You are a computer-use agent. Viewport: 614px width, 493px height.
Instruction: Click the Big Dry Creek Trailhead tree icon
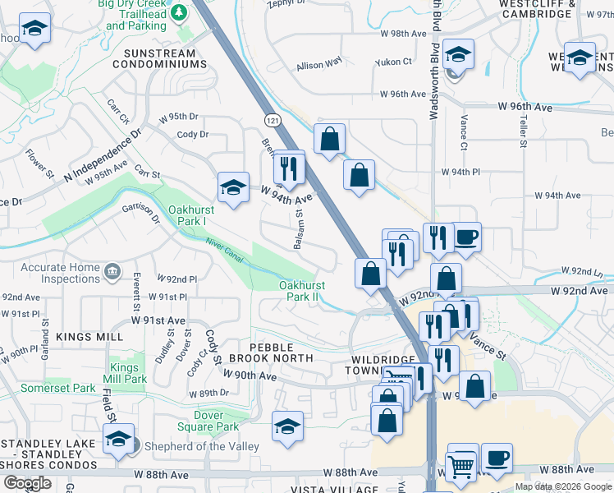pyautogui.click(x=176, y=11)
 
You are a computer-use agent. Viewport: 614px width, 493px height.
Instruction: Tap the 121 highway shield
pyautogui.click(x=273, y=121)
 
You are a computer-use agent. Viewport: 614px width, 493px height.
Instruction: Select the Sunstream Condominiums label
pyautogui.click(x=164, y=58)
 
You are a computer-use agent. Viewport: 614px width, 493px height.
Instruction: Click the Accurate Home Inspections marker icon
pyautogui.click(x=112, y=270)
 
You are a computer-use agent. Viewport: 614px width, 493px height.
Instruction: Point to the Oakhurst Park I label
pyautogui.click(x=187, y=215)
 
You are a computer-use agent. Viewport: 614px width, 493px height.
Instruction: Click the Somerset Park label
pyautogui.click(x=58, y=387)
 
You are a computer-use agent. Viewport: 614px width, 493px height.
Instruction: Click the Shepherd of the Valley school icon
pyautogui.click(x=118, y=441)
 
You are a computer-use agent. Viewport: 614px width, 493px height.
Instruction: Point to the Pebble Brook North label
pyautogui.click(x=271, y=352)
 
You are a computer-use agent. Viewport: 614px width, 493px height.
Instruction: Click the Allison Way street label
pyautogui.click(x=319, y=64)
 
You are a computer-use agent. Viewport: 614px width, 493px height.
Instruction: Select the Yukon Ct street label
pyautogui.click(x=393, y=62)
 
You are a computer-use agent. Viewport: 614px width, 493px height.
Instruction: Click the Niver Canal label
pyautogui.click(x=224, y=248)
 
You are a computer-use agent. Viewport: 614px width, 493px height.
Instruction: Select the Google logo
pyautogui.click(x=27, y=483)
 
